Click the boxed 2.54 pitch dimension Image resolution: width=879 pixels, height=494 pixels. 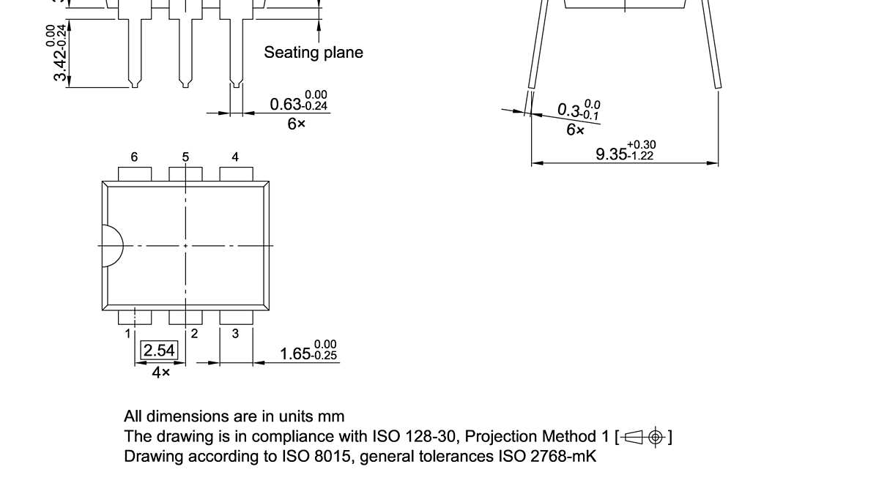[x=159, y=351]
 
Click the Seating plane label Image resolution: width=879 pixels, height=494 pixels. [x=313, y=53]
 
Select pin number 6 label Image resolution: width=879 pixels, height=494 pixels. [x=134, y=157]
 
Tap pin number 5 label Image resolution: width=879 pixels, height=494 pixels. [x=185, y=157]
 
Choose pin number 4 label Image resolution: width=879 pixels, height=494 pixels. [x=235, y=157]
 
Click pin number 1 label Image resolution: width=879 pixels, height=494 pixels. [x=127, y=334]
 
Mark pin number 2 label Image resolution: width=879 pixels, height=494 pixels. [x=194, y=334]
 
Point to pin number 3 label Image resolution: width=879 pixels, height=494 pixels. [x=235, y=334]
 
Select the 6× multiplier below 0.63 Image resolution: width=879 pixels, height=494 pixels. [x=296, y=124]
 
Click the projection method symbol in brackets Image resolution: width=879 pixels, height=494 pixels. [x=644, y=437]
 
